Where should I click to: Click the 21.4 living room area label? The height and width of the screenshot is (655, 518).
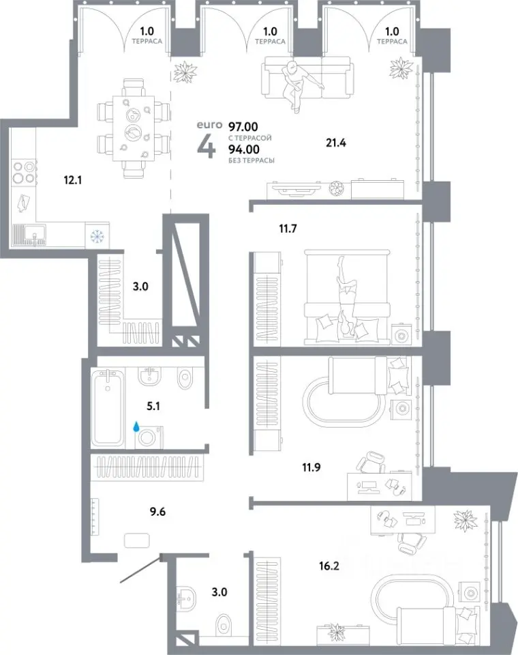click(x=335, y=143)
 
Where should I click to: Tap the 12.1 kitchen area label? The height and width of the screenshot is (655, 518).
click(x=72, y=180)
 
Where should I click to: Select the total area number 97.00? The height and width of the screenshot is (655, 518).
click(x=243, y=126)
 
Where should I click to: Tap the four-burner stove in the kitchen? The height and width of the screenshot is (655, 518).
click(x=23, y=172)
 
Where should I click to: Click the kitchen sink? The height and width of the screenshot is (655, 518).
click(x=29, y=235)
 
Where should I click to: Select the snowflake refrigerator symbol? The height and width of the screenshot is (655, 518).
click(x=97, y=236)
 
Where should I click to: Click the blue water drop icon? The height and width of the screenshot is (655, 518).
click(x=136, y=426)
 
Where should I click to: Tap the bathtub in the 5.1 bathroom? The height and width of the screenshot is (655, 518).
click(x=108, y=407)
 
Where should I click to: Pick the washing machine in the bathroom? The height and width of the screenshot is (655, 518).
click(x=149, y=437)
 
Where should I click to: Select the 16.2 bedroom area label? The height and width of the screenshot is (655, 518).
click(x=329, y=566)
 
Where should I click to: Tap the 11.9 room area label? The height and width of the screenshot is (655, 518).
click(x=311, y=467)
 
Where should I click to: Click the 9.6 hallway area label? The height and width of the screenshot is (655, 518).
click(x=157, y=512)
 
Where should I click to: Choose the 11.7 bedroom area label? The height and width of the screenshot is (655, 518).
click(x=288, y=229)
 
